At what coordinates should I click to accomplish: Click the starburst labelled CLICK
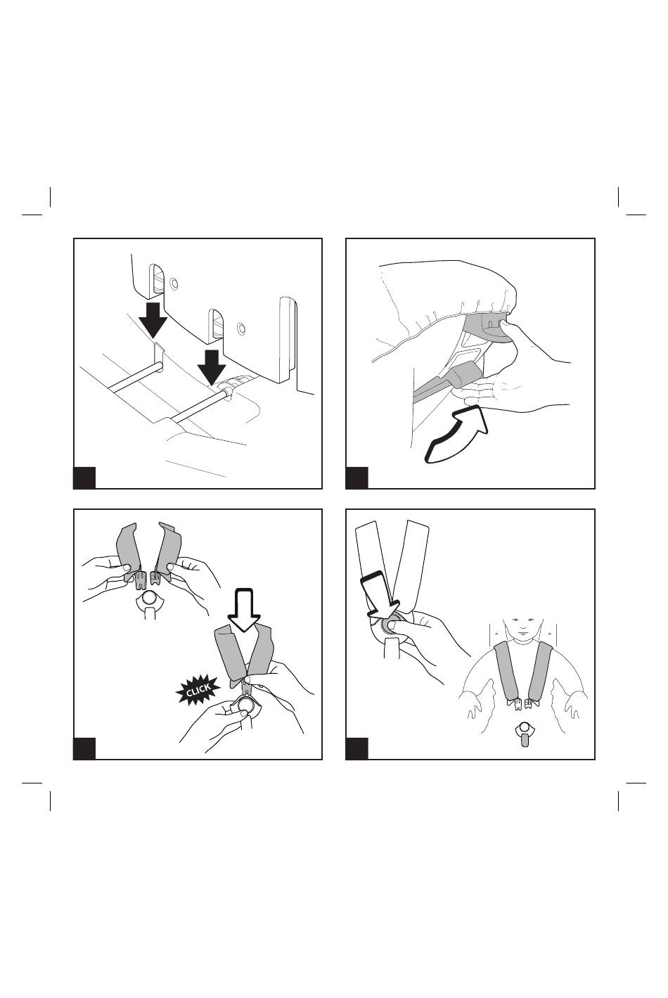(x=198, y=690)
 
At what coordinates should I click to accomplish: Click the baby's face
(x=522, y=628)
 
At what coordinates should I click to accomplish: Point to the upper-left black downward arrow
(x=153, y=320)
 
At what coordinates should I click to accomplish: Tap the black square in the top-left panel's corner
(x=84, y=478)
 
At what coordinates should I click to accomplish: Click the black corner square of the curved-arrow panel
(x=357, y=478)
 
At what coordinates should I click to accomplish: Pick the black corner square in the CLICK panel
(x=84, y=748)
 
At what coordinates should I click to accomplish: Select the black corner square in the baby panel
(x=357, y=748)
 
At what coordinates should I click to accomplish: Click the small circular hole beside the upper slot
(x=174, y=283)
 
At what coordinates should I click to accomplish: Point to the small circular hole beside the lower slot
(x=241, y=328)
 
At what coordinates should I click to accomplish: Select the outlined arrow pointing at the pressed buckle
(x=378, y=595)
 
